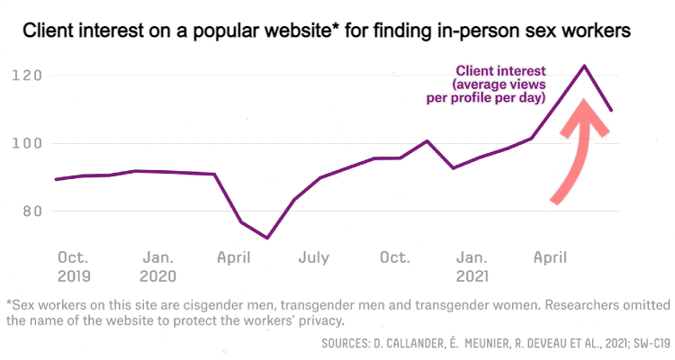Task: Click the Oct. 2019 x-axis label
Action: [x=74, y=266]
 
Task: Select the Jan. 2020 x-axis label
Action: [x=158, y=266]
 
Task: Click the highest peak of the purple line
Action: [x=585, y=66]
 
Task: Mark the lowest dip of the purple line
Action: [x=267, y=238]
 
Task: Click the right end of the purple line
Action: [x=612, y=111]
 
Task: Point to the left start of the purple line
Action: [x=56, y=179]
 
